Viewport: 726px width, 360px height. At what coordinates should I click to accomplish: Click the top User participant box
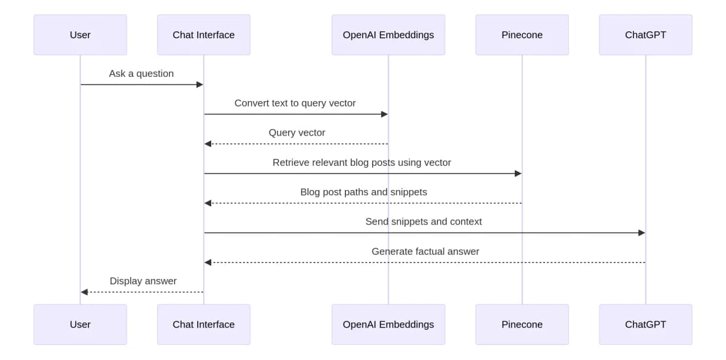click(x=80, y=35)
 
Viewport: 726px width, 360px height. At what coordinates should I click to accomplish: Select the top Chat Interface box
click(x=203, y=35)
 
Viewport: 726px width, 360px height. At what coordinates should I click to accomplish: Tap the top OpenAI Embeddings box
click(x=388, y=35)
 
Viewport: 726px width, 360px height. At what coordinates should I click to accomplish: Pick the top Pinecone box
click(x=522, y=35)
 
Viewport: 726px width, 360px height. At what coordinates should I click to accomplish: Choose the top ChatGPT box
click(x=645, y=35)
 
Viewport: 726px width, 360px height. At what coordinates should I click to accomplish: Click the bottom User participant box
click(x=80, y=324)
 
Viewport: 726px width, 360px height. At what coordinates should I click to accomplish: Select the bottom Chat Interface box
click(x=203, y=324)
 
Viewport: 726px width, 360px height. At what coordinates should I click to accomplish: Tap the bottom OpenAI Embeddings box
click(x=388, y=324)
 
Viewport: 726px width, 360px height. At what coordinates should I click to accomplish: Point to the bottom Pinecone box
click(x=522, y=324)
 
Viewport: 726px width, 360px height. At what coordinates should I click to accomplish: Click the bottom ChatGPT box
click(x=645, y=324)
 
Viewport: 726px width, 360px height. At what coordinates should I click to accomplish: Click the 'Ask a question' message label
click(x=141, y=74)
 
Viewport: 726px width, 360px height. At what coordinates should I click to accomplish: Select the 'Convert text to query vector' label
click(x=295, y=103)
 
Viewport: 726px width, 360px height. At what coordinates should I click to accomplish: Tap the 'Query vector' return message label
click(x=296, y=133)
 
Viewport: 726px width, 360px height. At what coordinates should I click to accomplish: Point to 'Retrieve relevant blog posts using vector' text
click(x=361, y=163)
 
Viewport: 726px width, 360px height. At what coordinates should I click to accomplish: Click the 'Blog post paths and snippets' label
click(x=363, y=192)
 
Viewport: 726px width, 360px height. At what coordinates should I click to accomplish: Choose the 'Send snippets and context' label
click(x=423, y=222)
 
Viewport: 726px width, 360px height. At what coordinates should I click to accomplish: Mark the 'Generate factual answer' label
click(x=425, y=252)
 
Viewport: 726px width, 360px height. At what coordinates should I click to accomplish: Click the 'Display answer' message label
click(x=143, y=281)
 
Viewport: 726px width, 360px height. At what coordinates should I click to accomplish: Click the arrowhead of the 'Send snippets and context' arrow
click(x=641, y=233)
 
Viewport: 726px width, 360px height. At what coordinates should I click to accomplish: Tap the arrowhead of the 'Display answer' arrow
click(x=85, y=292)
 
